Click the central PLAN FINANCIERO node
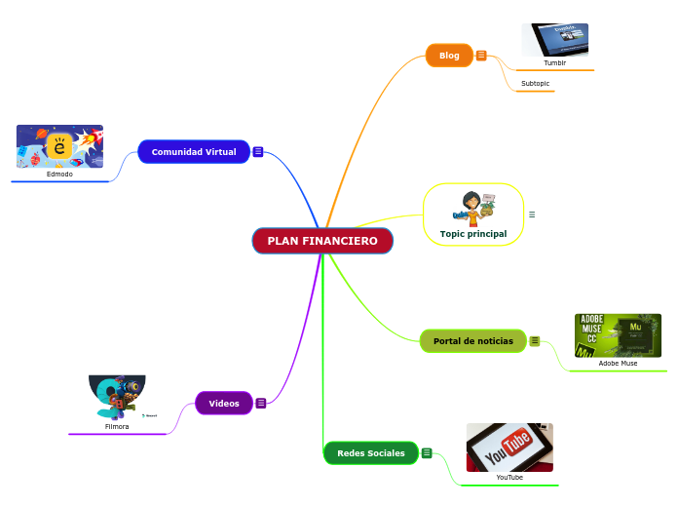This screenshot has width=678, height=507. (322, 241)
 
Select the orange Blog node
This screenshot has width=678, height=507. (449, 56)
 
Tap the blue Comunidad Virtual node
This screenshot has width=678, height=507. (194, 152)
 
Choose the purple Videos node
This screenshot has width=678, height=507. (224, 403)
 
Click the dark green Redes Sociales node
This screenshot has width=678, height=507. (371, 453)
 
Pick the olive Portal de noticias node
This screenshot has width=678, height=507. (473, 341)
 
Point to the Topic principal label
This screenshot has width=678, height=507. (473, 234)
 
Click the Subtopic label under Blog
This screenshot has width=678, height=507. (535, 84)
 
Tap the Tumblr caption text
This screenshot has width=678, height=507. (555, 62)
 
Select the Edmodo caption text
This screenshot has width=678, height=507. (59, 174)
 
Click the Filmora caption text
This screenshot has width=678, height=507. (117, 426)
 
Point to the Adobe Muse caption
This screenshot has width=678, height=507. (618, 363)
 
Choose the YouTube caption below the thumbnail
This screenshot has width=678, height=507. (509, 477)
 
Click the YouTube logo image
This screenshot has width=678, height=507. (509, 447)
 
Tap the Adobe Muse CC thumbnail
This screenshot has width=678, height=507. (618, 334)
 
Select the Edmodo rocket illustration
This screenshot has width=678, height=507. (59, 146)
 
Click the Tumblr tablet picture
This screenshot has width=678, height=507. (555, 40)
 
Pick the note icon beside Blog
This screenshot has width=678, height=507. (481, 56)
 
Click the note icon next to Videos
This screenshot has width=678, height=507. (261, 403)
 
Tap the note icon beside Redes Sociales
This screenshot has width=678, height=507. (427, 452)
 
